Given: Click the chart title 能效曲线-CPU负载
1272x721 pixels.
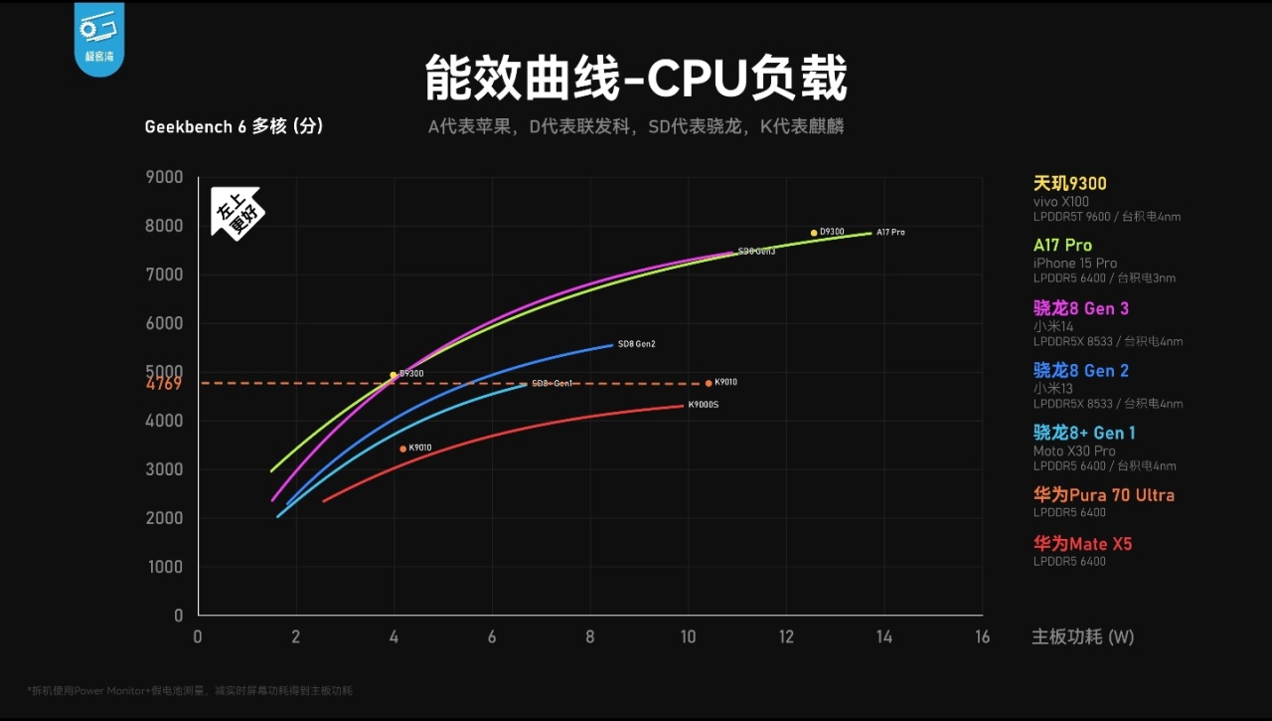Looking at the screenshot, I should (636, 79).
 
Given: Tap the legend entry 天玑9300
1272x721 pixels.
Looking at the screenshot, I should (1069, 184).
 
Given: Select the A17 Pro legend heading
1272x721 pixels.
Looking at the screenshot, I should (1062, 246).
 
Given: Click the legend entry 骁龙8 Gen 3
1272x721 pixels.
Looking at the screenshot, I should (1081, 308).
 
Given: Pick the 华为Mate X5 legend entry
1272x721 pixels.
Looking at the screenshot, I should (1082, 544).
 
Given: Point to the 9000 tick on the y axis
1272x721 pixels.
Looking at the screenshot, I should (164, 177).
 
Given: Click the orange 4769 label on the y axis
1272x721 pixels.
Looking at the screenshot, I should (164, 384).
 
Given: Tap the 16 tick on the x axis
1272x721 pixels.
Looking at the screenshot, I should (982, 637).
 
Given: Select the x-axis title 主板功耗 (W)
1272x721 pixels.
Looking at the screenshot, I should (1082, 637).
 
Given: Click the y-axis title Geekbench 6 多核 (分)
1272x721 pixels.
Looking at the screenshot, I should (234, 127).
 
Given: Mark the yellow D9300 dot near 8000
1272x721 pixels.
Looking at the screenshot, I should (813, 233).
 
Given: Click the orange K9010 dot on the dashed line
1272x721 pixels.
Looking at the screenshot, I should (709, 383).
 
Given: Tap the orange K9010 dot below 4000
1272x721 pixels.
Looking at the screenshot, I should (402, 449).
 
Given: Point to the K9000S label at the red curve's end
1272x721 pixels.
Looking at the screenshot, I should (703, 405).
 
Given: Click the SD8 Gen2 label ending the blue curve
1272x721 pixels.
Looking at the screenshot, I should (636, 344).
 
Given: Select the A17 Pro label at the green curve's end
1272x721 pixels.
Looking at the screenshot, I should (890, 233).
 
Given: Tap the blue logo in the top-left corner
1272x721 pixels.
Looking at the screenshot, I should (98, 37).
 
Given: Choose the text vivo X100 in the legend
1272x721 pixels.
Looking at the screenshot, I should (1060, 202).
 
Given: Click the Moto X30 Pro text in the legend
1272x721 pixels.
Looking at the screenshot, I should (1074, 451).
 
